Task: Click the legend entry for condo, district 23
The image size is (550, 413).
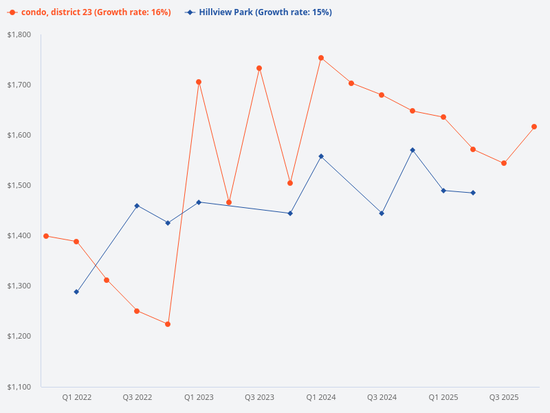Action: click(89, 12)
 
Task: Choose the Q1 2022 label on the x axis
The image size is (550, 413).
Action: click(76, 398)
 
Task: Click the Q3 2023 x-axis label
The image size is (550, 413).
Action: click(259, 398)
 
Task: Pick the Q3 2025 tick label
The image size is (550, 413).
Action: click(504, 398)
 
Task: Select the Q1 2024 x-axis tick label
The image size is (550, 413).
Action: click(321, 398)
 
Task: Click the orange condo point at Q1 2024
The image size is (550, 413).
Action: click(321, 58)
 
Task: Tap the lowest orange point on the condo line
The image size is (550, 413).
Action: click(168, 324)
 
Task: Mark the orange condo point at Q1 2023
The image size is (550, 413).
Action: click(199, 82)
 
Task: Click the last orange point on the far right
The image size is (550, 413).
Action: click(534, 127)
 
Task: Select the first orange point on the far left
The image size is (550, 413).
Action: click(46, 236)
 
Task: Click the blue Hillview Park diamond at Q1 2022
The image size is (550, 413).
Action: click(76, 292)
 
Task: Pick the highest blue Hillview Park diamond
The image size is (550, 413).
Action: click(412, 150)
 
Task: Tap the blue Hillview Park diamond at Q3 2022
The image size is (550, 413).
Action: click(137, 206)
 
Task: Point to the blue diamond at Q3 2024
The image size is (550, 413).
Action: click(382, 213)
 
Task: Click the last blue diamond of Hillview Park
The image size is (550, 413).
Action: click(473, 193)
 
